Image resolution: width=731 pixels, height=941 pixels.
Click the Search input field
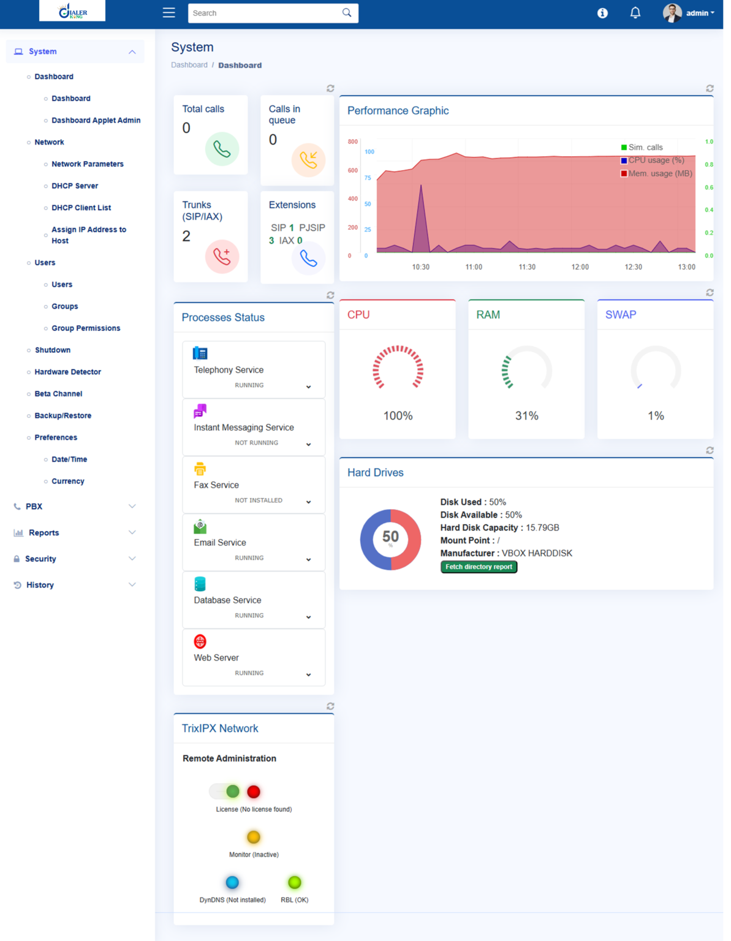pos(267,13)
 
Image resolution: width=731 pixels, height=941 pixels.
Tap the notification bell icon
pos(635,13)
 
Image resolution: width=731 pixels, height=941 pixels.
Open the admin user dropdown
pos(689,13)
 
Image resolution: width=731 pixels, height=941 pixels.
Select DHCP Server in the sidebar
pos(75,186)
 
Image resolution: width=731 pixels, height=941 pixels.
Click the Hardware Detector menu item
pos(67,372)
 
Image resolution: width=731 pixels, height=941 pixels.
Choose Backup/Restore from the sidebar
pos(62,415)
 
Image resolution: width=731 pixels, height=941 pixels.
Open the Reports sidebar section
pos(44,533)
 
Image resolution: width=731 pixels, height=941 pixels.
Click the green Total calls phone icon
pos(222,149)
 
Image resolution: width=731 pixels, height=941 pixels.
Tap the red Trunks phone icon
pos(222,256)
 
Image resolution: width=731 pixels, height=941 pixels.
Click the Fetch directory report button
pos(479,567)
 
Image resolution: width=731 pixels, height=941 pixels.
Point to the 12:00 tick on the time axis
pos(580,267)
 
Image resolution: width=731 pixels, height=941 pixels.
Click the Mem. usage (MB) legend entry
pos(656,173)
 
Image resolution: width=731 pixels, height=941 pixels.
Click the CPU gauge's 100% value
pos(398,416)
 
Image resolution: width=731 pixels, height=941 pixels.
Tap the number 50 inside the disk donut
pos(390,537)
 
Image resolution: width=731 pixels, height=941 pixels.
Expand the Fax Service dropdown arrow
pos(308,502)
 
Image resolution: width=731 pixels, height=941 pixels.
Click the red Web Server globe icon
pos(200,641)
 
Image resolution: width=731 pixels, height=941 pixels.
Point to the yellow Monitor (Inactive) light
pos(254,837)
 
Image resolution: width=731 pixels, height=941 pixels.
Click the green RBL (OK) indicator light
pos(295,882)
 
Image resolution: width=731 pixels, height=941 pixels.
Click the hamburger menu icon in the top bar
pos(169,13)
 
